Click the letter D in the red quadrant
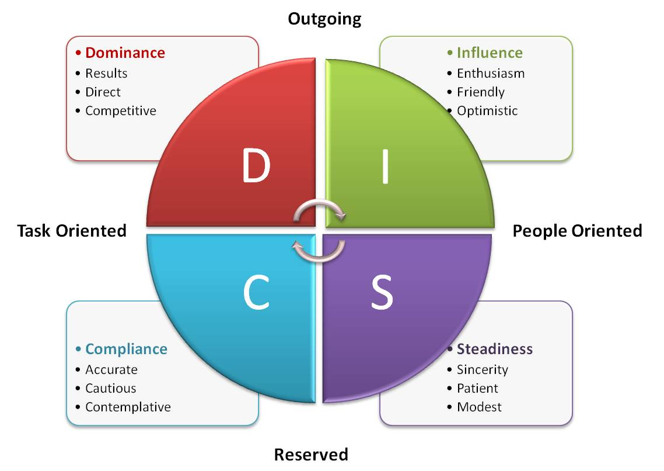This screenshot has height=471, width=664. click(x=256, y=166)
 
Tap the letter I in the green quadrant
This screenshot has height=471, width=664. click(x=385, y=166)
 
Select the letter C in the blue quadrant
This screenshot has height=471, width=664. click(x=256, y=295)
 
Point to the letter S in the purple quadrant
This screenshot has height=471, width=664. click(x=382, y=295)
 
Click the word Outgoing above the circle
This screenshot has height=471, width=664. click(x=324, y=19)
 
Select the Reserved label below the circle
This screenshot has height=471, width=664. click(x=311, y=454)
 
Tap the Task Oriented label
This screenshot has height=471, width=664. click(x=72, y=230)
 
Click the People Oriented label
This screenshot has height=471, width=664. click(x=577, y=230)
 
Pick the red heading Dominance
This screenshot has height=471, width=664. click(x=125, y=53)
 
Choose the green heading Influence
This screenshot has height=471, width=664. click(x=490, y=53)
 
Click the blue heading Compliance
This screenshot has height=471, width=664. click(x=126, y=349)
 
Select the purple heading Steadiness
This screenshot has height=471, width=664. click(x=494, y=349)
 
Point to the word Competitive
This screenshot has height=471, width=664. click(x=121, y=110)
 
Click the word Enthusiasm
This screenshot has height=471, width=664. click(x=491, y=73)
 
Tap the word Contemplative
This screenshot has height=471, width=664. click(x=128, y=407)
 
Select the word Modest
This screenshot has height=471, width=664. click(x=479, y=407)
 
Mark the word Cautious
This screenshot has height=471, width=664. click(x=111, y=388)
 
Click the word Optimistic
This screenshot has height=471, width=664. click(x=487, y=110)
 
